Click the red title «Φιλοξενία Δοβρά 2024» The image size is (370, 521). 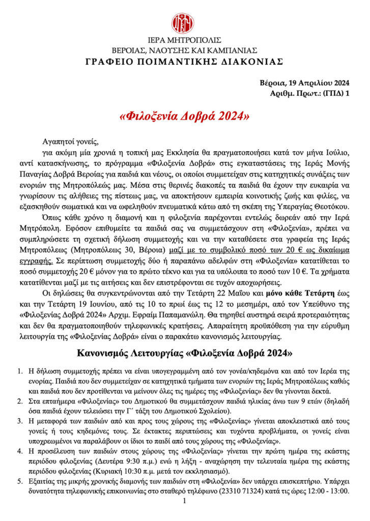coord(184,117)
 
